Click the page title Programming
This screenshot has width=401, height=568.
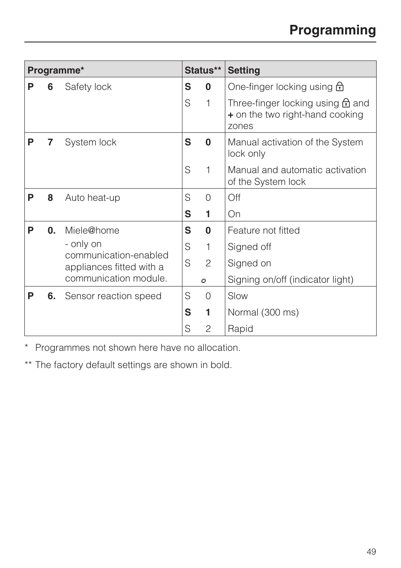coord(332,30)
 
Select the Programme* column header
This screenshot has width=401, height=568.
coord(56,70)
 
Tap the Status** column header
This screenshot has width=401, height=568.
coord(203,70)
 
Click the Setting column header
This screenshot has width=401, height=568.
coord(244,70)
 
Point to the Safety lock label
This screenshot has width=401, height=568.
coord(88,87)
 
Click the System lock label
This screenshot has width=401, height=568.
coord(90,142)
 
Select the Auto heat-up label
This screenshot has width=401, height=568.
coord(92,198)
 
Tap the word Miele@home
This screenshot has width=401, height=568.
coord(92,231)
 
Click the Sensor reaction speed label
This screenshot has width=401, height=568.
coord(113,296)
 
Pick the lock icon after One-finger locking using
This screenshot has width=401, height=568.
coord(340,87)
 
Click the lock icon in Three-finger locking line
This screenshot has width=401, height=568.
coord(346,103)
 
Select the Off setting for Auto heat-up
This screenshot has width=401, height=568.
coord(234,198)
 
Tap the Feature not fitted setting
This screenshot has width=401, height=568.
coord(264,231)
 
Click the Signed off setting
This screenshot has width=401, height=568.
coord(249,247)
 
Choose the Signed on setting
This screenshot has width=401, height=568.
coord(249,263)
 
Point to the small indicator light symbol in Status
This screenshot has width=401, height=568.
coord(203,280)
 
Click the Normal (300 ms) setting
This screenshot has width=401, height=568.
coord(263,313)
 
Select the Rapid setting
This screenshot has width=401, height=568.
coord(240,329)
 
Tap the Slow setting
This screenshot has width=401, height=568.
coord(237,296)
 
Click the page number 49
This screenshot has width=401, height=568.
coord(371,552)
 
